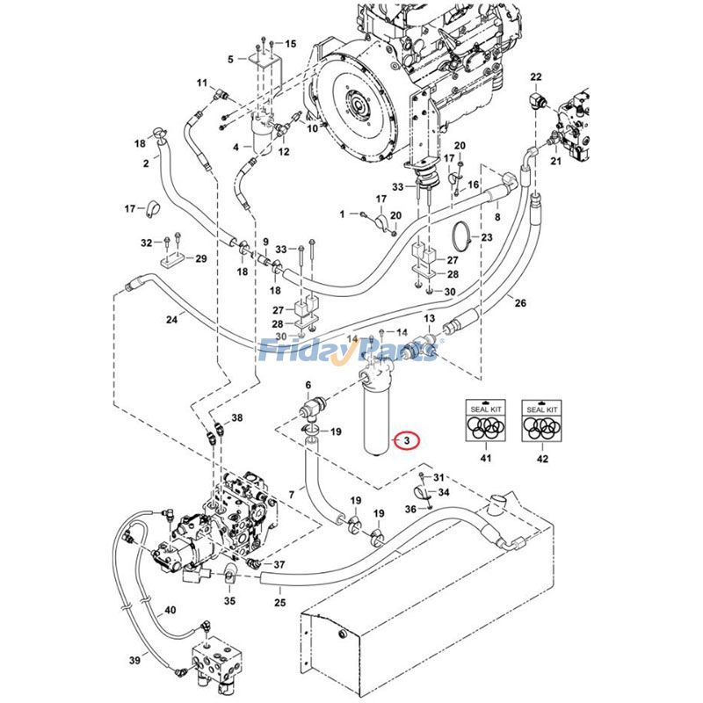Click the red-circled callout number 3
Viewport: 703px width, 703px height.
(x=408, y=438)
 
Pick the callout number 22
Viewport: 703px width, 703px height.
(x=537, y=77)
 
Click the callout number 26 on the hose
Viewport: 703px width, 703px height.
(x=520, y=303)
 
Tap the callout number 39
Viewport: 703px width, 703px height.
(x=134, y=661)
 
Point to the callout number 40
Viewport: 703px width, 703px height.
(x=170, y=610)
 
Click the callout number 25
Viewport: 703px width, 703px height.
(x=280, y=602)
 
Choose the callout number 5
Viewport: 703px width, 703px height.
(x=230, y=60)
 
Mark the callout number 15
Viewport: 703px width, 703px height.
(x=290, y=43)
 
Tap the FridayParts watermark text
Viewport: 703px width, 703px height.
(x=351, y=351)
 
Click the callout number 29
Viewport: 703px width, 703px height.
(x=200, y=258)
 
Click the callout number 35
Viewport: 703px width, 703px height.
(x=229, y=601)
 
